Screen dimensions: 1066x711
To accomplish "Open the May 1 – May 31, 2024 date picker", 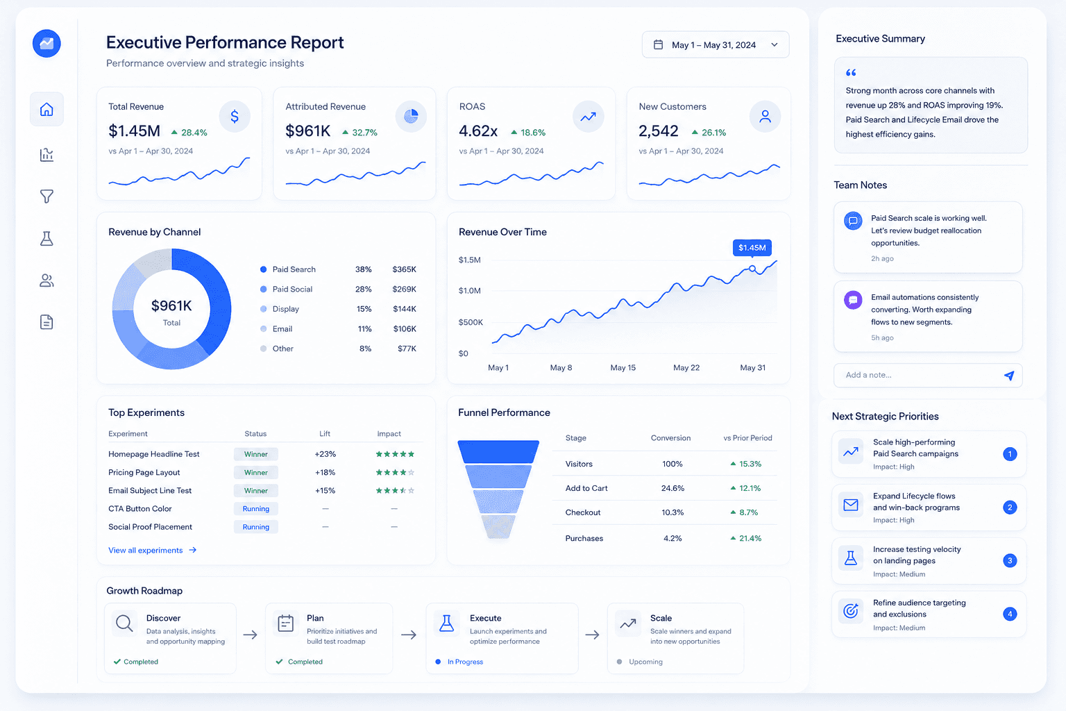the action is [716, 44].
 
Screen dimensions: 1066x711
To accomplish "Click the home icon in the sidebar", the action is [46, 110].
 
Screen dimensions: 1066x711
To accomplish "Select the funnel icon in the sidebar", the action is [46, 196].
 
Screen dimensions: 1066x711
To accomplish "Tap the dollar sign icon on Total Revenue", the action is [235, 116].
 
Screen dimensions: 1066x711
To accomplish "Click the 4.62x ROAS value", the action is [477, 131].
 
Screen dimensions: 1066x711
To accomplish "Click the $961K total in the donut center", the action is [171, 306].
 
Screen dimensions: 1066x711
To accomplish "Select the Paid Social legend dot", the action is [263, 289].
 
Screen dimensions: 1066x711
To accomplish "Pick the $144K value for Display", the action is [405, 309].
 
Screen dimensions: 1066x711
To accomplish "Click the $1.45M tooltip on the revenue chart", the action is [752, 248].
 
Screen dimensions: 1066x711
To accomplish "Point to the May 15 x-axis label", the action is [623, 367].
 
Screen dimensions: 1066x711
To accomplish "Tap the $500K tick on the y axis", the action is [471, 322].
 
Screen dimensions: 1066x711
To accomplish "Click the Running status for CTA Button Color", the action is [256, 509].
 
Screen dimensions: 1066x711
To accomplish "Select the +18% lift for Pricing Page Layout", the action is [325, 472].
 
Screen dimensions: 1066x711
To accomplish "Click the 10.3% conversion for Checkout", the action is [672, 512].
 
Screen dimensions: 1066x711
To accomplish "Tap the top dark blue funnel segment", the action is [498, 451].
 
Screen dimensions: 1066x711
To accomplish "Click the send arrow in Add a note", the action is [1009, 375].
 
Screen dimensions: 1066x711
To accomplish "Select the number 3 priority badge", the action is [1009, 560].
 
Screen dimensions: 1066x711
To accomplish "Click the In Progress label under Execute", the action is [465, 662].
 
